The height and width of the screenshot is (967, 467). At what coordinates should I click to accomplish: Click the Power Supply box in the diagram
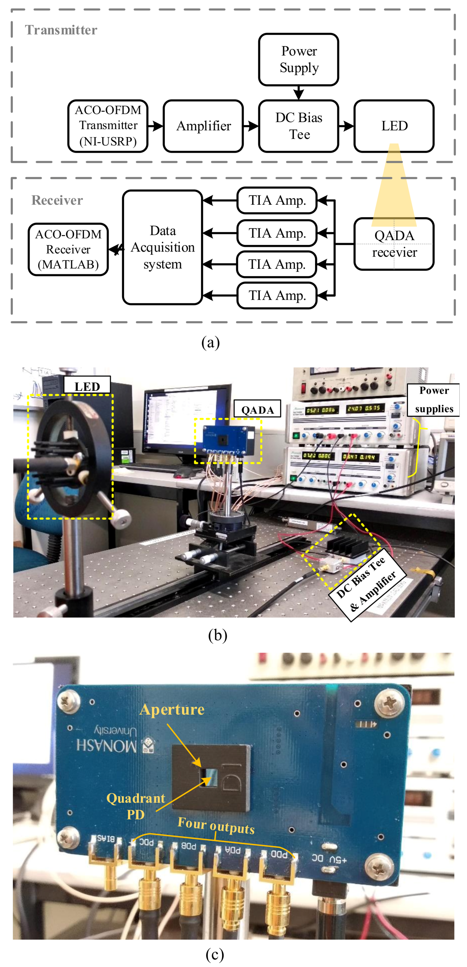pyautogui.click(x=298, y=59)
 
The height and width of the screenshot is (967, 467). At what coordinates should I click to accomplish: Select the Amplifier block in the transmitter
pyautogui.click(x=203, y=126)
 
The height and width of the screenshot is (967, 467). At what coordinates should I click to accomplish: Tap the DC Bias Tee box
pyautogui.click(x=298, y=126)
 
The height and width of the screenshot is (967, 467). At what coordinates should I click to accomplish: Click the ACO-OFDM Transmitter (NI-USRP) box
pyautogui.click(x=108, y=126)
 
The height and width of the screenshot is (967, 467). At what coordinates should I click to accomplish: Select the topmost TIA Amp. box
pyautogui.click(x=277, y=200)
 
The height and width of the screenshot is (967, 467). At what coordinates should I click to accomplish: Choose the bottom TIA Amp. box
pyautogui.click(x=277, y=295)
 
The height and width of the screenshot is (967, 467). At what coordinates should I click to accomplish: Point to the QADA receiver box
pyautogui.click(x=394, y=244)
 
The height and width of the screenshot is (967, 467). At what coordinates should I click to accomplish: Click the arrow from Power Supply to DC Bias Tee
pyautogui.click(x=298, y=92)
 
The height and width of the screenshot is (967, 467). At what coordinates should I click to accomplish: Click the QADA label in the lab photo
pyautogui.click(x=257, y=409)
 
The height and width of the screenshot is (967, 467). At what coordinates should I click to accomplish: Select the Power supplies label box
pyautogui.click(x=434, y=399)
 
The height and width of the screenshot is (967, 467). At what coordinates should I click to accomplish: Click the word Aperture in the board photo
pyautogui.click(x=172, y=710)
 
